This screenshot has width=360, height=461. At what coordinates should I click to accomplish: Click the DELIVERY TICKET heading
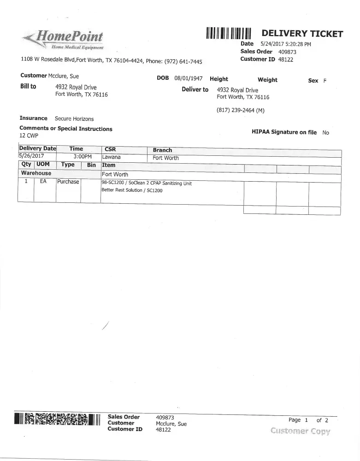click(302, 34)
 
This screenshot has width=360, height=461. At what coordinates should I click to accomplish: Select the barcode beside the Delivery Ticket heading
click(229, 34)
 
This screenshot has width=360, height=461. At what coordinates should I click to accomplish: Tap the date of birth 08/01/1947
click(189, 79)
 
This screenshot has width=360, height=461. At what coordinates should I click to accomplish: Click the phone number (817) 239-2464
click(240, 111)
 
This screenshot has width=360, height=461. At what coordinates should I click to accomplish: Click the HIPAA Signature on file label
click(284, 132)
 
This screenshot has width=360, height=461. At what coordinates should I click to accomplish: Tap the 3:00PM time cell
click(83, 157)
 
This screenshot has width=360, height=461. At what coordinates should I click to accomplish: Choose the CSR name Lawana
click(111, 157)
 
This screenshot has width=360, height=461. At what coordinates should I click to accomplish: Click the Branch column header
click(162, 150)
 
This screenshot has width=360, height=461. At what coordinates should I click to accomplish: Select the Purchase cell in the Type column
click(68, 182)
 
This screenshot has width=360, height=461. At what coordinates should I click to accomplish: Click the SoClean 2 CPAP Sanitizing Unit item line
click(146, 183)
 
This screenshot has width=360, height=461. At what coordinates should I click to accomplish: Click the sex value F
click(325, 81)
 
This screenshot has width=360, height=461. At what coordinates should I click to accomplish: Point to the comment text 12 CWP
click(29, 136)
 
